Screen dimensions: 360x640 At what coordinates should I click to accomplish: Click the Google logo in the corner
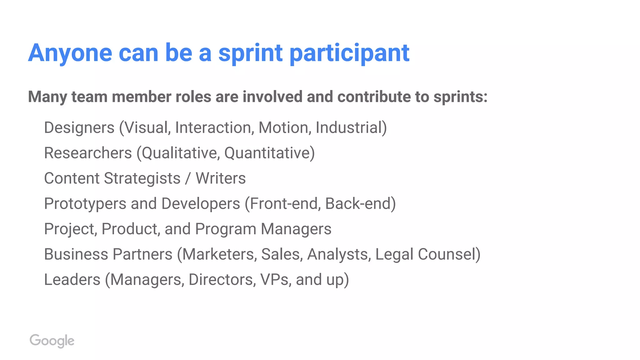(52, 341)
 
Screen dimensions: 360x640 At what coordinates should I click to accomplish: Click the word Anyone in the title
(70, 53)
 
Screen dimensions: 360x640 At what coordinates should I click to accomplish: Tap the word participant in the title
(349, 53)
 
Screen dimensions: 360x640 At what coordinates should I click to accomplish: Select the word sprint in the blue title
(250, 53)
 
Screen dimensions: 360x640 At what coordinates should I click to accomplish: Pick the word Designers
(79, 128)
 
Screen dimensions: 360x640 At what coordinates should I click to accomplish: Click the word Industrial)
(351, 128)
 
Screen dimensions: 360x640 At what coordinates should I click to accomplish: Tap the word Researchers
(88, 153)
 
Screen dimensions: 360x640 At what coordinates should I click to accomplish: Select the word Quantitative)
(269, 153)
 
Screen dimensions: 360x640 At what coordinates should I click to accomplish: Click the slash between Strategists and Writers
(188, 178)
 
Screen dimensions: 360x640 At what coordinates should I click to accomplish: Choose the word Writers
(221, 178)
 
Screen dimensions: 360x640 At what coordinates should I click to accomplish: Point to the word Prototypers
(85, 204)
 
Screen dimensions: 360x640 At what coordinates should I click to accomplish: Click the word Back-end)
(360, 204)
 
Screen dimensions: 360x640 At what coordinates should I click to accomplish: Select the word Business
(76, 254)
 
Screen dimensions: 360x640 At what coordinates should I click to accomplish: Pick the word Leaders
(72, 280)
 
